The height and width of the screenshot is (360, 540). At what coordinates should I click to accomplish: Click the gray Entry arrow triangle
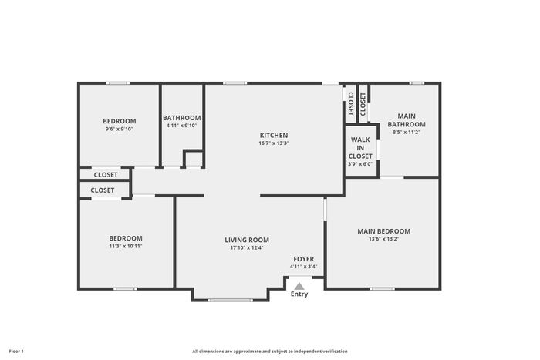coord(299,286)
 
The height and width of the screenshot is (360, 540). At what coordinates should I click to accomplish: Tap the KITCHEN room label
coord(274,135)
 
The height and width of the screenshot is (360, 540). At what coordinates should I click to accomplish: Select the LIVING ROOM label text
coord(247,240)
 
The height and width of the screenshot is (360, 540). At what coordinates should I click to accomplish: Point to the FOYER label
coord(303,259)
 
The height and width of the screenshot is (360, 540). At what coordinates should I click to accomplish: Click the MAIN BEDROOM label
coord(383,231)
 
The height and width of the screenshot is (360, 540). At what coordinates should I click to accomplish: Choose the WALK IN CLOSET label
coord(360,148)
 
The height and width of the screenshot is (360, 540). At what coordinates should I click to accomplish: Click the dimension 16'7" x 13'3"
coord(274,143)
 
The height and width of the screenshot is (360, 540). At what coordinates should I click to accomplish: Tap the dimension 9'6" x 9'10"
coord(119,129)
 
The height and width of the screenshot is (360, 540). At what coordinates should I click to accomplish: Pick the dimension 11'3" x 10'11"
coord(126,246)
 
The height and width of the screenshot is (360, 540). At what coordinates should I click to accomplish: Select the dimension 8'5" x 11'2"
coord(407,132)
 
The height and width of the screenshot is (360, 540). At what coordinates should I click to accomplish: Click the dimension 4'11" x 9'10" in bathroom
coord(181,126)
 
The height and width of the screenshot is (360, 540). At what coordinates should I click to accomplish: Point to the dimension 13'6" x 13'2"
coord(383,239)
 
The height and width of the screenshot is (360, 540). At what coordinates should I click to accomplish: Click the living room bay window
coord(230,301)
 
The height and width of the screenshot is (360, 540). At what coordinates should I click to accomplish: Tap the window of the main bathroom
coord(417,83)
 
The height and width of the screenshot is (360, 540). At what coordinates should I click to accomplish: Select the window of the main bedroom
coord(383,289)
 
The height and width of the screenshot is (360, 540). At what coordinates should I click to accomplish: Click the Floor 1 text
coord(16,352)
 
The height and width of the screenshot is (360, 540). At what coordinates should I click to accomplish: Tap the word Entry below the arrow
coord(299,294)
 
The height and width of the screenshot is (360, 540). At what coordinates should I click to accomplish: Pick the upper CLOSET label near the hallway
coord(106,175)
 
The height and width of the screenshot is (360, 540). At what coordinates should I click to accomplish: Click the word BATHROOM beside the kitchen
coord(182,118)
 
